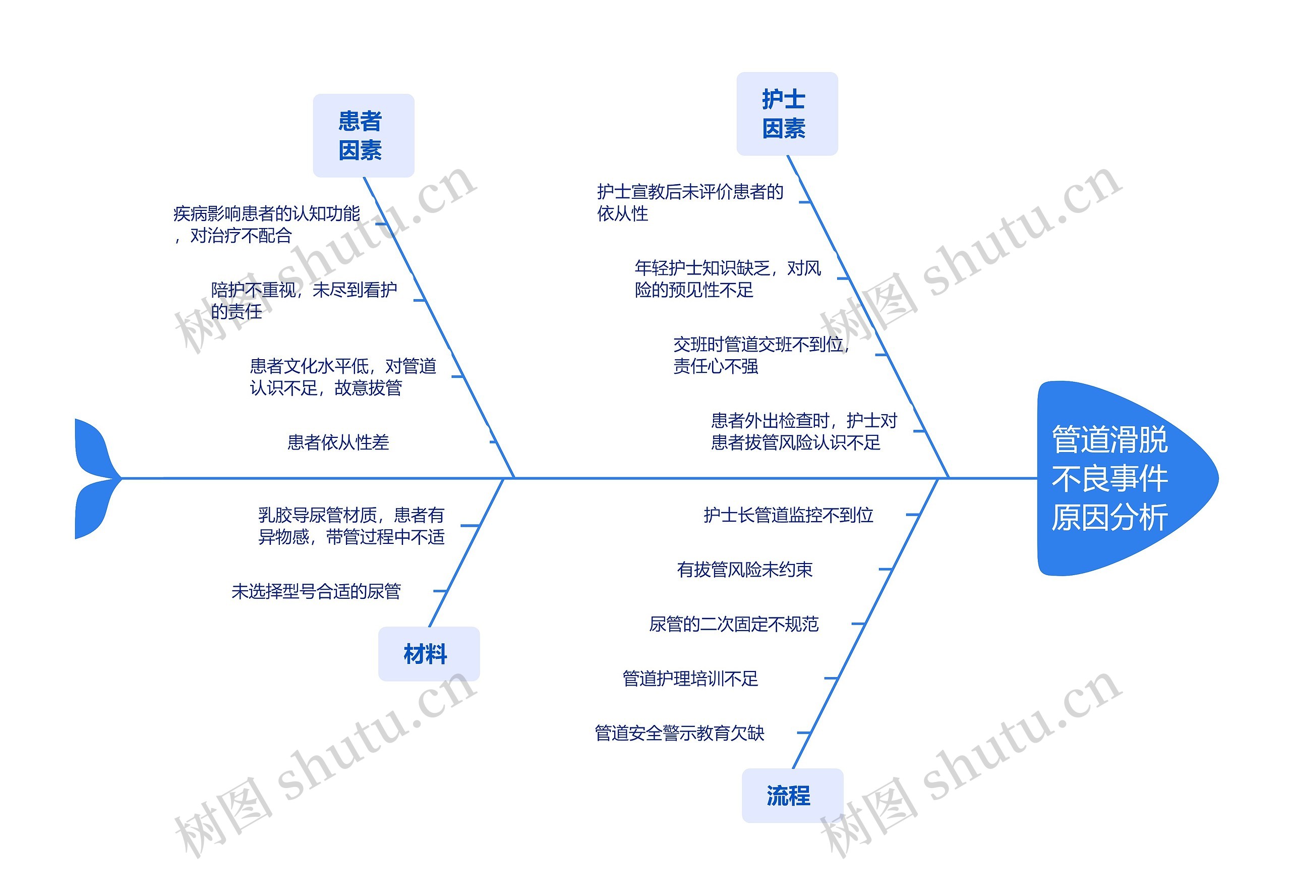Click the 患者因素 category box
point(363,136)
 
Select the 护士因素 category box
point(787,114)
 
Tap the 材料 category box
point(428,654)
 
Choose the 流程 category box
point(792,795)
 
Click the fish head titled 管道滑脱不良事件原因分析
point(1116,478)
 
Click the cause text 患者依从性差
point(338,442)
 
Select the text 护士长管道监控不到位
point(788,515)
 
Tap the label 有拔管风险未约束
point(744,570)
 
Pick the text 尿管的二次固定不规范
point(734,624)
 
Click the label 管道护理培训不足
point(690,679)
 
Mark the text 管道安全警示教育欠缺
point(679,733)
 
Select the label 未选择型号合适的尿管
point(316,591)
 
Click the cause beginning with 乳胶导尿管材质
point(351,526)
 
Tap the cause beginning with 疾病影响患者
point(267,225)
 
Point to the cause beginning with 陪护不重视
point(304,301)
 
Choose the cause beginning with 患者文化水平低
point(342,377)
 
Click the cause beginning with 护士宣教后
point(690,202)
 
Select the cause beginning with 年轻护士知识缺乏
point(728,278)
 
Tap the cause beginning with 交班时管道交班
point(761,355)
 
